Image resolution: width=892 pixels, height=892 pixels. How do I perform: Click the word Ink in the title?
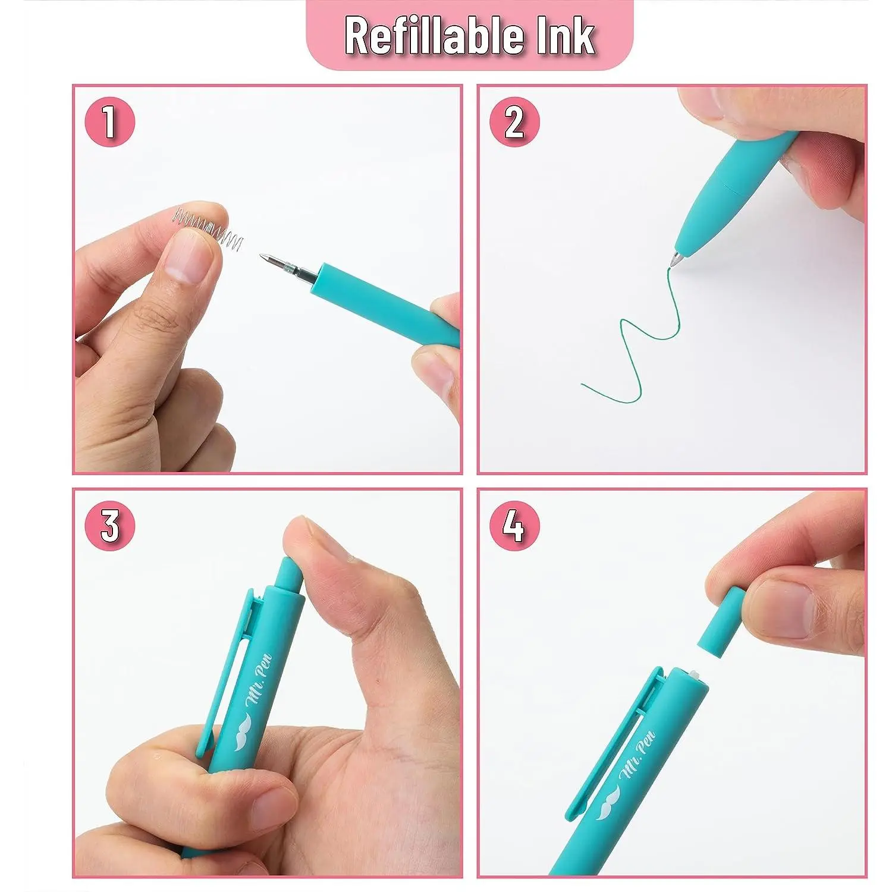(x=567, y=36)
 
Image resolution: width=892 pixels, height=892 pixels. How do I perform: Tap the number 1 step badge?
(x=109, y=123)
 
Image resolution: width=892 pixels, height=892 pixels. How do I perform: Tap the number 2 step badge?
(x=514, y=123)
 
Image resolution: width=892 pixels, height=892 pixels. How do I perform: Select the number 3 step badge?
(x=109, y=526)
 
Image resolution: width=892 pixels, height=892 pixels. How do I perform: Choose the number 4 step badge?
(x=514, y=526)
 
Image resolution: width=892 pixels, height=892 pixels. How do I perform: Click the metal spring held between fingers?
(x=208, y=227)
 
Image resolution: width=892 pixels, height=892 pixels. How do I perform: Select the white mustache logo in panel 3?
(x=244, y=731)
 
